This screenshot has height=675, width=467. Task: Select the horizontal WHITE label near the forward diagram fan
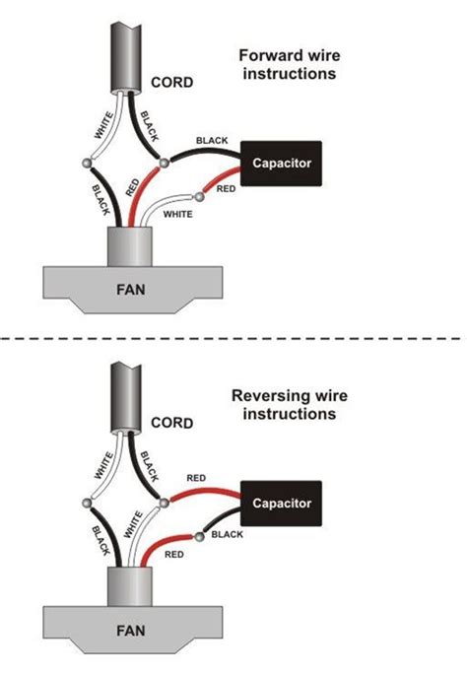click(177, 213)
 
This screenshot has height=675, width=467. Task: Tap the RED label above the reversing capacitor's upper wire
click(196, 478)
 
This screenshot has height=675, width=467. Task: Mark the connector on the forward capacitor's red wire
click(200, 197)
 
